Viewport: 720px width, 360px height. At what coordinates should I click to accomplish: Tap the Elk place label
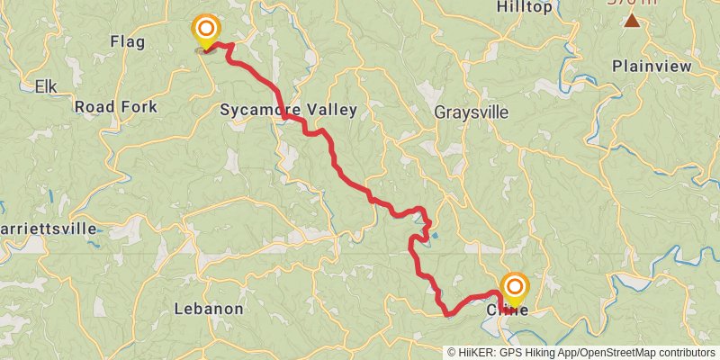point(45,86)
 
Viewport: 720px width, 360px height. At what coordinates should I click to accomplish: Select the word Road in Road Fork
point(93,107)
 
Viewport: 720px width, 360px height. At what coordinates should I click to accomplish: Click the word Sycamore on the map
point(258,111)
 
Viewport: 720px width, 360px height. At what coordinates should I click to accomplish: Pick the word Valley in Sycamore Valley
point(332,111)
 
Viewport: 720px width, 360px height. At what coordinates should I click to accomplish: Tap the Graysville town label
point(471,113)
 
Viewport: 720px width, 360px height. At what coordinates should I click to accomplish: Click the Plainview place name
point(652,67)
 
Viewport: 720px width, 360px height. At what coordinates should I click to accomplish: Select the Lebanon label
point(208,309)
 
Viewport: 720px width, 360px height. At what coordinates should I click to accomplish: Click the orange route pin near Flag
point(206,30)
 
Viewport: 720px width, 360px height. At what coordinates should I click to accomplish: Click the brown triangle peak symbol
point(633,21)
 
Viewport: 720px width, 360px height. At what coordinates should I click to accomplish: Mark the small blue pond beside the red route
point(435,236)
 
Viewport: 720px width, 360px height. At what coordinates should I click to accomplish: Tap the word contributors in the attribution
point(685,352)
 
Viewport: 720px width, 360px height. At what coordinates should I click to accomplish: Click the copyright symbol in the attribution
point(452,352)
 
